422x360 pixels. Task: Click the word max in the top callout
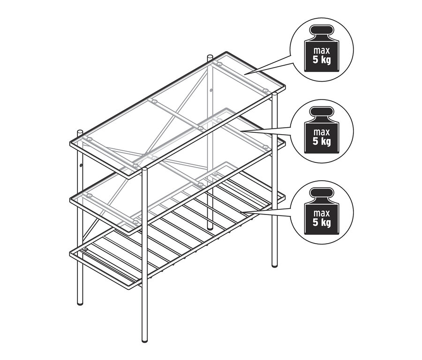[x=321, y=50]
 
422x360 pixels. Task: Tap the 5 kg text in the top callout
[x=321, y=60]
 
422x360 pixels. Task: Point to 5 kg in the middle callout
[x=321, y=141]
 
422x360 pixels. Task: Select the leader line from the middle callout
[x=267, y=131]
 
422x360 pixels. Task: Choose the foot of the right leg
[x=275, y=264]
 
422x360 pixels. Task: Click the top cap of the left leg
[x=80, y=132]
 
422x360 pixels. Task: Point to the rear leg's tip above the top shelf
[x=210, y=57]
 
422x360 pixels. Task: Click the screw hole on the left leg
[x=81, y=166]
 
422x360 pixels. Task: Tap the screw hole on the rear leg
[x=211, y=90]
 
